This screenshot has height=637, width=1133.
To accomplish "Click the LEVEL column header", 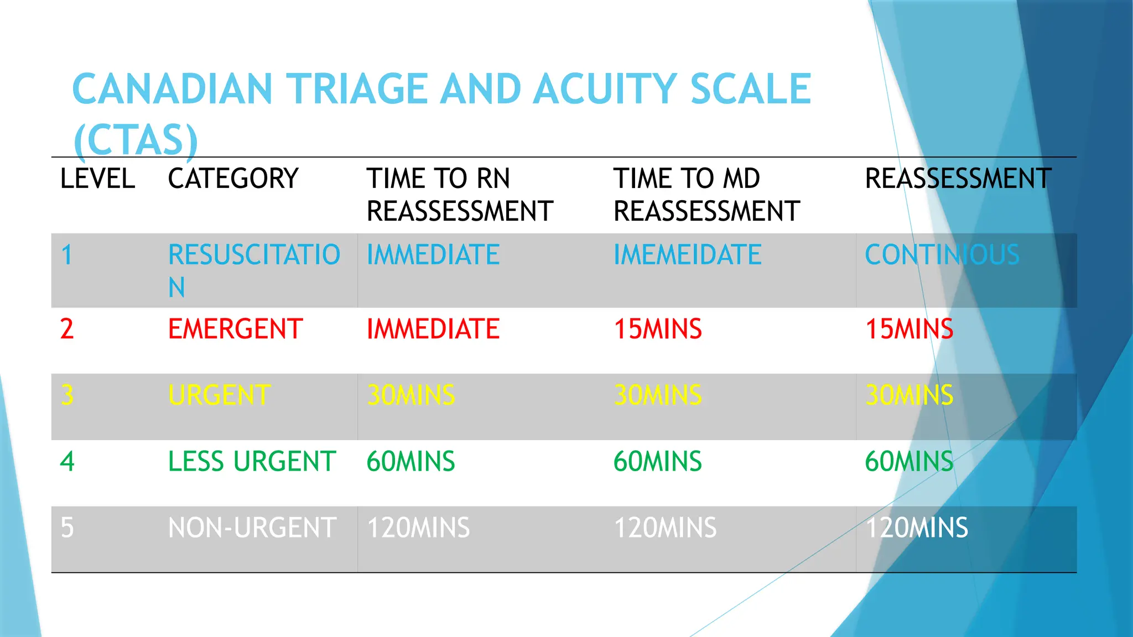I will (97, 179).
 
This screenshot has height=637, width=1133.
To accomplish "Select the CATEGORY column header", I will (233, 179).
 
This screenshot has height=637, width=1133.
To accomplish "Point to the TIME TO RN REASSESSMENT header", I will (459, 195).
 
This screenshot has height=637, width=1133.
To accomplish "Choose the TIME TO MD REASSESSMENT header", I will (706, 195).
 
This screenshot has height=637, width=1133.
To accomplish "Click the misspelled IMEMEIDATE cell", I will (687, 255).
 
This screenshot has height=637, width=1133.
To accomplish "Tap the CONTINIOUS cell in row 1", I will (942, 255).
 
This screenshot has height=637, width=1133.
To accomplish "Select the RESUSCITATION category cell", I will (253, 270).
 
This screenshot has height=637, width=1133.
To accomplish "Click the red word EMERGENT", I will (235, 329).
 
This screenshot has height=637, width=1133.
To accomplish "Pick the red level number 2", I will (67, 329).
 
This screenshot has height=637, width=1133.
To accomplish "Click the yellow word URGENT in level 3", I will (219, 395).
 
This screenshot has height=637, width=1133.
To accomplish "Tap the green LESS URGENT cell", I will (252, 462).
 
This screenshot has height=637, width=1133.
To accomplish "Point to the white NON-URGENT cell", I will (252, 528).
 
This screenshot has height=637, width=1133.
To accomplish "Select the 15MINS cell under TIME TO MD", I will (657, 329).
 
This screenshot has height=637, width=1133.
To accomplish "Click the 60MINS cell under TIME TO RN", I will (410, 462).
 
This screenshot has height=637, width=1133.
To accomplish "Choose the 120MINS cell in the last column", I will (916, 528).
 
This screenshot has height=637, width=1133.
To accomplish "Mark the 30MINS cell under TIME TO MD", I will (657, 395).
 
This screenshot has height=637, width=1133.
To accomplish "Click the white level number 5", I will (67, 528).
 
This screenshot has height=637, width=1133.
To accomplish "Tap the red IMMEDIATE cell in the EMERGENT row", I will (433, 329).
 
